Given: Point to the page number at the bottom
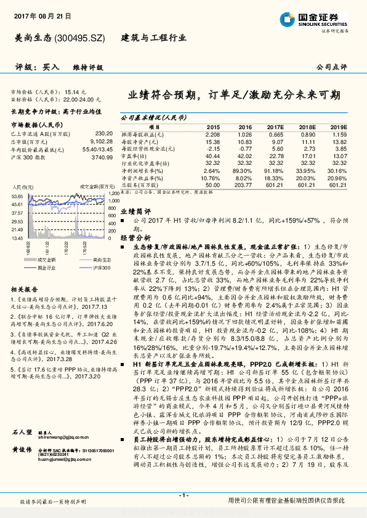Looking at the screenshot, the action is tap(183, 496).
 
